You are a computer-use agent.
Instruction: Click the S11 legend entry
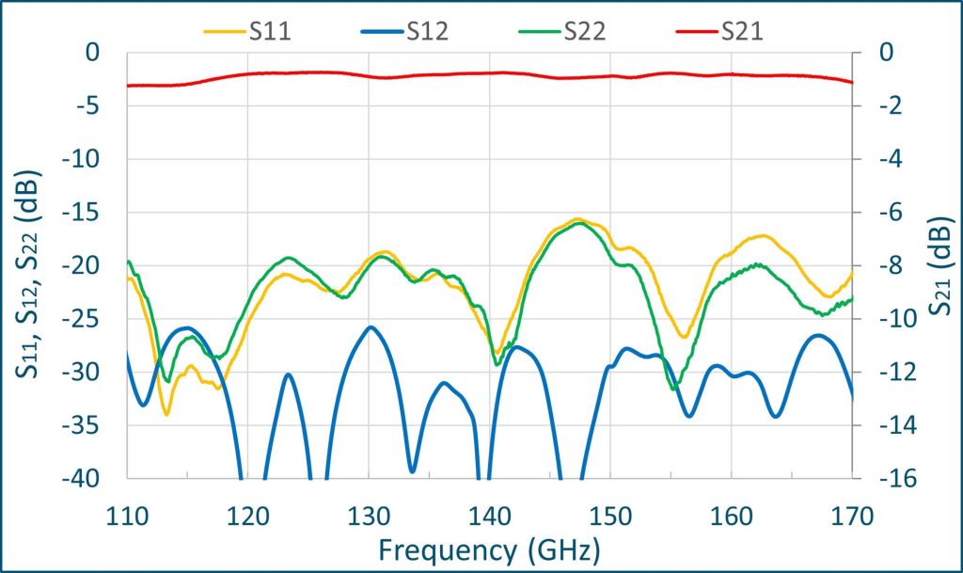click(248, 31)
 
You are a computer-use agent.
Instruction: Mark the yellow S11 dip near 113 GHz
click(166, 414)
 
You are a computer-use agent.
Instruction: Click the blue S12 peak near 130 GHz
click(371, 327)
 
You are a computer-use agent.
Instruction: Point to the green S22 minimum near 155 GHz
click(673, 388)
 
